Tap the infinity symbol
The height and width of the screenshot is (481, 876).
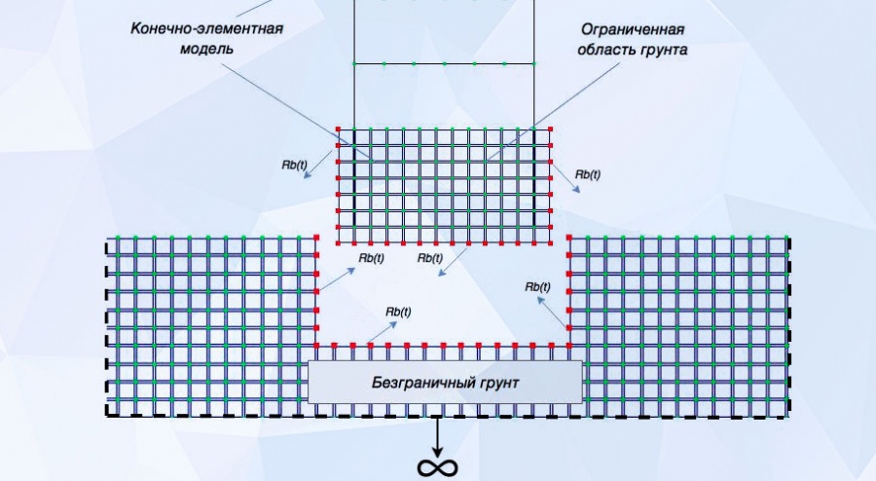coord(437,467)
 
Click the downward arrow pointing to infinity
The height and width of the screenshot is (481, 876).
coord(437,434)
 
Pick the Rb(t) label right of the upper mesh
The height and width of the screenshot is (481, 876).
coord(587,174)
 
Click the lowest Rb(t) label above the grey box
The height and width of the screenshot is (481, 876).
coord(398,312)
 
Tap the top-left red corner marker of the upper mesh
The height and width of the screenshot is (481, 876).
coord(338,129)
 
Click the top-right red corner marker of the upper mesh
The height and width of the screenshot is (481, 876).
coord(552,129)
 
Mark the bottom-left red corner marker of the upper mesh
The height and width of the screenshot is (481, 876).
coord(338,243)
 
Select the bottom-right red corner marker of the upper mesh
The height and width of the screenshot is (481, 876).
coord(552,243)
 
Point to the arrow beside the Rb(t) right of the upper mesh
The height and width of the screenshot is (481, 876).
coord(570,184)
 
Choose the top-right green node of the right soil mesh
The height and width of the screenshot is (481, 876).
coord(785,238)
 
